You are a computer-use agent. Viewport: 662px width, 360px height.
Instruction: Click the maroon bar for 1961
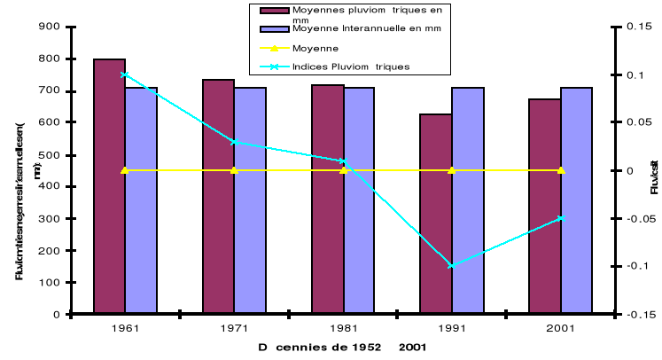point(109,186)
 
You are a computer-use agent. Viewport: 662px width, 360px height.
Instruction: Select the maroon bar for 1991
point(436,214)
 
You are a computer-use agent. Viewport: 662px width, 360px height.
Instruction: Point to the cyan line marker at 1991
point(451,265)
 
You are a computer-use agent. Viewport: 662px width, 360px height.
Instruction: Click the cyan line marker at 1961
point(124,74)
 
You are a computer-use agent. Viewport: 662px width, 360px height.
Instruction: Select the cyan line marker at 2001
point(560,218)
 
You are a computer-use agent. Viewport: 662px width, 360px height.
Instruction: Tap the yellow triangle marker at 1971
point(234,169)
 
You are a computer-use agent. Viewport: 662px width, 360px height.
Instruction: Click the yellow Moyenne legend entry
point(310,48)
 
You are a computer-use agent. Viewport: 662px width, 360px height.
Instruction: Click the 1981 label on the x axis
point(342,327)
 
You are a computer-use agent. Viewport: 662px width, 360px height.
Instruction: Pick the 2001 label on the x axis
point(560,327)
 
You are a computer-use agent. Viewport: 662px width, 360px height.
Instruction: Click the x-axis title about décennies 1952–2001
point(342,348)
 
